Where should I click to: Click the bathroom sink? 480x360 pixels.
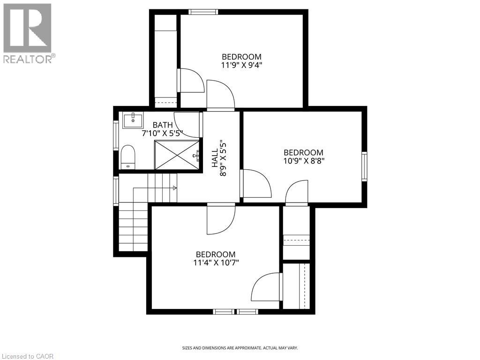133,120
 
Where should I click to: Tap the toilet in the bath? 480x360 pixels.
128,157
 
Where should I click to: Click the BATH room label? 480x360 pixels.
163,125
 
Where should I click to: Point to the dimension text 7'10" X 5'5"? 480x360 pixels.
162,133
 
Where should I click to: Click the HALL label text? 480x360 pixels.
215,158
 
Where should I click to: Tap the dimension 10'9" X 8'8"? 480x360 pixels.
303,160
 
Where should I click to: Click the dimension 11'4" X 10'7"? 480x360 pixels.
216,262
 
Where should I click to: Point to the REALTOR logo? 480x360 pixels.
28,33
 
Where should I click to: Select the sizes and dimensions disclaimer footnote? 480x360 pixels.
240,348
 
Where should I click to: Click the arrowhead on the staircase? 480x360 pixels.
174,188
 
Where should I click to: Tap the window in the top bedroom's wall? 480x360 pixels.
202,12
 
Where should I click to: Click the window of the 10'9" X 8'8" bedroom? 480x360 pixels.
364,166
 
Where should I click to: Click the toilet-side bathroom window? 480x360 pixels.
116,135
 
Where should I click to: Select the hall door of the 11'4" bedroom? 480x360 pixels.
222,219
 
